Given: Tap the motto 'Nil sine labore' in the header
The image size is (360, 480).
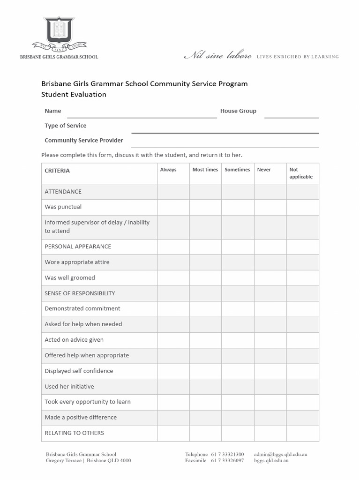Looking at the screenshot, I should click(217, 56).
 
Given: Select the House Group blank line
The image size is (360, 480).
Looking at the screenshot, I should click(291, 115).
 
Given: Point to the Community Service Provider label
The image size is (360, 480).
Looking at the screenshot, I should click(84, 140).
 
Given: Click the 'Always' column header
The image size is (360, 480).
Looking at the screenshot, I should click(168, 170).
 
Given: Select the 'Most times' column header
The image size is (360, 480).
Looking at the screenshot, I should click(205, 170).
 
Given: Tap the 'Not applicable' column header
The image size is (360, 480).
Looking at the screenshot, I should click(301, 173).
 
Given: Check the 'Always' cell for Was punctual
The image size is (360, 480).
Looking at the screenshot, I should click(173, 207).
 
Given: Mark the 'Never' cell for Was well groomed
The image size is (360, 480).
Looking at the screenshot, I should click(270, 278).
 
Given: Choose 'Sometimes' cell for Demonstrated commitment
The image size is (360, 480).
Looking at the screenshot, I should click(238, 309).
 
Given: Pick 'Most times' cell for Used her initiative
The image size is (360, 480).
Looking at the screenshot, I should click(205, 387).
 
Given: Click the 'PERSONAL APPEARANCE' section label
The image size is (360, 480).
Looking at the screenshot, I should click(78, 247).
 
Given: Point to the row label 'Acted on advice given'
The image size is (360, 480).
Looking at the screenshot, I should click(74, 340).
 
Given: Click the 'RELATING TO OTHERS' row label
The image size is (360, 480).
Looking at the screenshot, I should click(74, 433).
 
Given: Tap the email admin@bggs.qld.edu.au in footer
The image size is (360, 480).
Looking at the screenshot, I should click(280, 454).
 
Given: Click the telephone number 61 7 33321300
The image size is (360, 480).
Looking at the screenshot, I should click(227, 454).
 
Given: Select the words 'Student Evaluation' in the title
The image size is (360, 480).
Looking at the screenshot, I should click(74, 94).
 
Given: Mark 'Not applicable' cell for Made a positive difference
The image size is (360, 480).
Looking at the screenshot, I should click(302, 418).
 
